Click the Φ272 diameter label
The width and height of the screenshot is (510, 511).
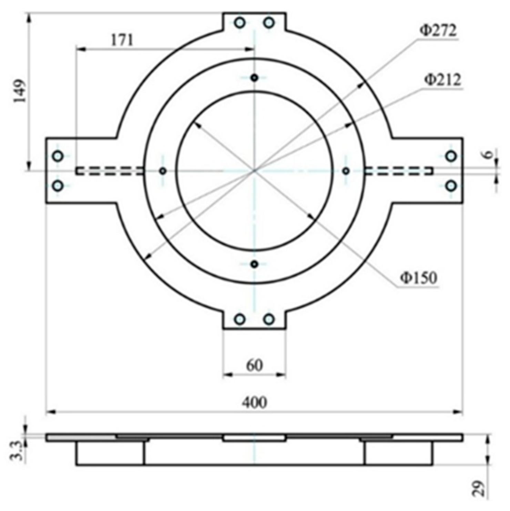[438, 31]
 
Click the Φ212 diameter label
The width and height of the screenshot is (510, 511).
[442, 80]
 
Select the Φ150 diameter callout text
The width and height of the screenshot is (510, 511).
[418, 278]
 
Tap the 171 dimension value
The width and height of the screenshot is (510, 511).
[122, 40]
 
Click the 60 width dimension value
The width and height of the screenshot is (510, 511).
[254, 366]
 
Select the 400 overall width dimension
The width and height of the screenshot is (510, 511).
[254, 402]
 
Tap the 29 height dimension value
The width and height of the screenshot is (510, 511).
[479, 488]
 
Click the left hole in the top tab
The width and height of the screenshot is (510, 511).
[240, 23]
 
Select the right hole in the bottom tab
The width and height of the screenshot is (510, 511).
[269, 319]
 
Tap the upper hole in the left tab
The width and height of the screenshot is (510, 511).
[58, 156]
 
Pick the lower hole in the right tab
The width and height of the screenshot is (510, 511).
[451, 186]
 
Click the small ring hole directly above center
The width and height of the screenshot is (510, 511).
[254, 78]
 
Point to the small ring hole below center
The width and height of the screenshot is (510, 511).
[254, 264]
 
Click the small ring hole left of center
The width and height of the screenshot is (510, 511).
[163, 171]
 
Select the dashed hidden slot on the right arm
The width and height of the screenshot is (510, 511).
[399, 171]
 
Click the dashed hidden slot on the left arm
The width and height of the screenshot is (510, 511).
[110, 171]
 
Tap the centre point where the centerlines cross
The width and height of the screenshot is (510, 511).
[254, 171]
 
